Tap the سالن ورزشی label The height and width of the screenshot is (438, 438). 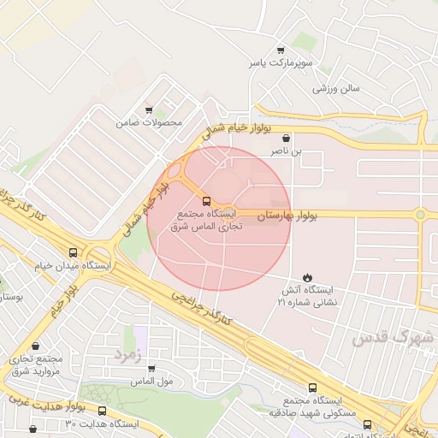[336, 88]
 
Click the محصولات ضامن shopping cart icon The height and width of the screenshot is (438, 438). [149, 109]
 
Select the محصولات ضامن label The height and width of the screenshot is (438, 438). [150, 123]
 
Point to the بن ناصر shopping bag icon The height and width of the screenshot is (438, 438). [286, 137]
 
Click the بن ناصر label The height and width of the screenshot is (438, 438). [287, 151]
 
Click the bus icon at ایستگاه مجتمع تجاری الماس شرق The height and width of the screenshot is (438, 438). [205, 202]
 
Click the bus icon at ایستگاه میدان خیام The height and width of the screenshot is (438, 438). [74, 252]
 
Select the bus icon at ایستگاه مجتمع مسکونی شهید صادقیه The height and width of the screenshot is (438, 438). [313, 387]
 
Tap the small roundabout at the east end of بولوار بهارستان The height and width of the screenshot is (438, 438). [421, 214]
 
